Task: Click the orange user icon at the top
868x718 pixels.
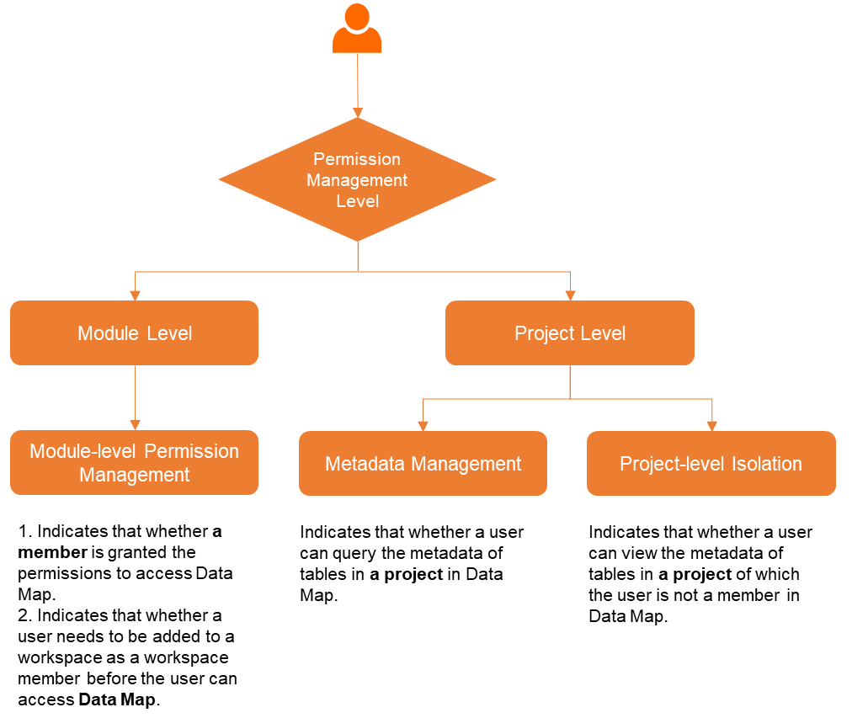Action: (357, 29)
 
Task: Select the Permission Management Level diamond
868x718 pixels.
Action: (357, 180)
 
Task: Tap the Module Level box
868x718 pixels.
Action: (135, 333)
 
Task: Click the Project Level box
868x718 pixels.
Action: (570, 333)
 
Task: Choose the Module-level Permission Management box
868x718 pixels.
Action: (135, 463)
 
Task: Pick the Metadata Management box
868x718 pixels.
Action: (423, 464)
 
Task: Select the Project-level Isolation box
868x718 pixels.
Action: (711, 464)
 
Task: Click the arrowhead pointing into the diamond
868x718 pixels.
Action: (358, 112)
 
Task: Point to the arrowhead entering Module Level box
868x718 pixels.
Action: (135, 295)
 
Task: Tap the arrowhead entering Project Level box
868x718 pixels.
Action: (570, 295)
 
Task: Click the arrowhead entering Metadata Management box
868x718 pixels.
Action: (423, 425)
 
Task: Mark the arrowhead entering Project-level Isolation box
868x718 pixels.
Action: (712, 425)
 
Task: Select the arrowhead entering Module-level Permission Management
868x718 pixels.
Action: (135, 425)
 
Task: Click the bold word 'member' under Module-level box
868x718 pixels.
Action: (52, 552)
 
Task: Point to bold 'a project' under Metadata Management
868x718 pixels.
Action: (406, 574)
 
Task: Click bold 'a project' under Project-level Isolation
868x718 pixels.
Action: (695, 574)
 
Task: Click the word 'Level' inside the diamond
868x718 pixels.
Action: (358, 201)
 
